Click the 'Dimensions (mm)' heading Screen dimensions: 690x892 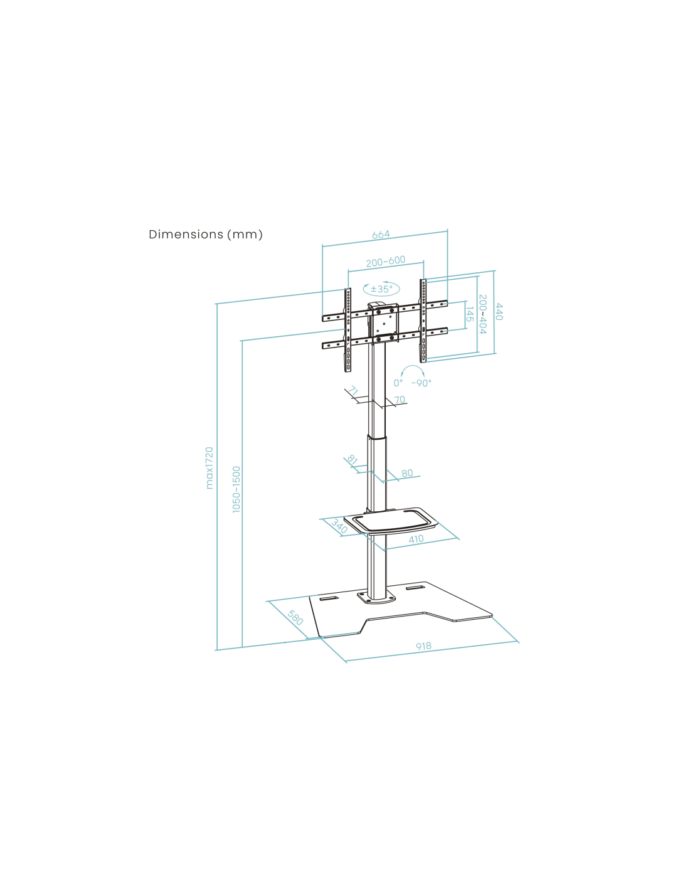coord(205,235)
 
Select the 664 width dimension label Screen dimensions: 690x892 coord(381,235)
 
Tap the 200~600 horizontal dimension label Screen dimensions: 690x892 coord(385,262)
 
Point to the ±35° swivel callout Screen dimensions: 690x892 coord(381,289)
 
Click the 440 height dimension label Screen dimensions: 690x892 coord(499,312)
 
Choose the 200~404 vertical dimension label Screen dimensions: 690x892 coord(483,314)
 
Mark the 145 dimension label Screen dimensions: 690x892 coord(470,314)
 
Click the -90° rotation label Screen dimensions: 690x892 coord(422,383)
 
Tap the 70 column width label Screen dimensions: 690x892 coord(400,400)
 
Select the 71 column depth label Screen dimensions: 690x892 coord(353,391)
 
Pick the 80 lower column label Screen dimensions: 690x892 coord(407,473)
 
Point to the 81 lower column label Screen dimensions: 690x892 coord(352,459)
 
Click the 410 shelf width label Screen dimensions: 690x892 coord(416,539)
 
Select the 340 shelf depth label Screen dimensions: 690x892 coord(339,526)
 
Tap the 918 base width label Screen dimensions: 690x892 coord(423,646)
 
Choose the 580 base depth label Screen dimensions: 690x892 coord(295,617)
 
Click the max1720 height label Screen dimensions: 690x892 coord(210,468)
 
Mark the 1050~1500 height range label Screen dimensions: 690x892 coord(236,489)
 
